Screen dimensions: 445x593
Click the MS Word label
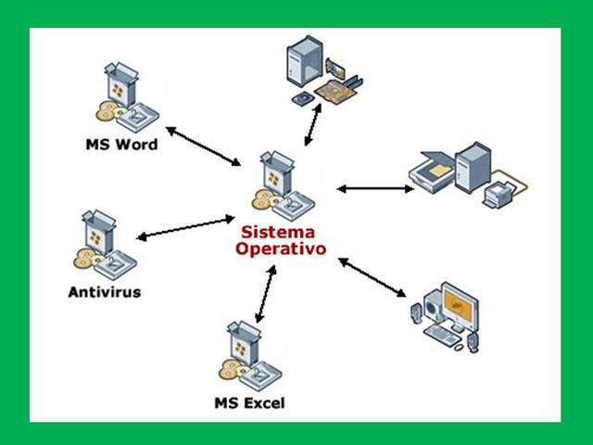pyautogui.click(x=121, y=145)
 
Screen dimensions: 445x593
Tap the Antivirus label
pyautogui.click(x=105, y=293)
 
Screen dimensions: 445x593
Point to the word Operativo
pyautogui.click(x=280, y=249)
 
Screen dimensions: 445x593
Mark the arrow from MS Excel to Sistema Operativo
pyautogui.click(x=267, y=293)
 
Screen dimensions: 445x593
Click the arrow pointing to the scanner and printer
pyautogui.click(x=374, y=189)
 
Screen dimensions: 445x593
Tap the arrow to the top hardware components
pyautogui.click(x=313, y=124)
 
